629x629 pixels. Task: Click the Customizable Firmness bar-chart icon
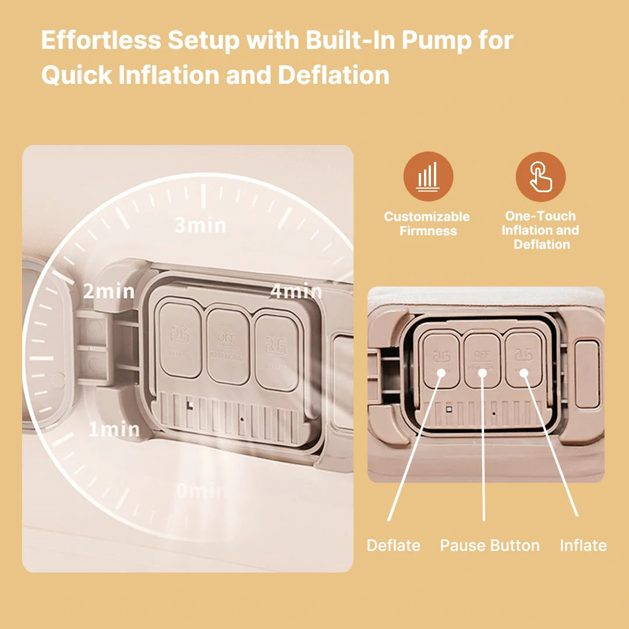(428, 176)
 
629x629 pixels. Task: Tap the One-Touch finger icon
(540, 176)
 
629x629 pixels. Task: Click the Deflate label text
(393, 546)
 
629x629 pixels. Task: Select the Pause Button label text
(490, 546)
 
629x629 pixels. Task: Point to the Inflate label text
(583, 546)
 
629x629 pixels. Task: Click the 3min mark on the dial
(200, 225)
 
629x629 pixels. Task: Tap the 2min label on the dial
(108, 291)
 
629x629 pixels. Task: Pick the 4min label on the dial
(295, 291)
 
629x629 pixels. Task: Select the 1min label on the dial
(114, 430)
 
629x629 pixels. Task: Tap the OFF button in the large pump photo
(228, 346)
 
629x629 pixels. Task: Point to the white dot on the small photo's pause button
(482, 371)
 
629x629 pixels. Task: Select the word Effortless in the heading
(100, 41)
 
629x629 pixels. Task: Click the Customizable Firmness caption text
(427, 224)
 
